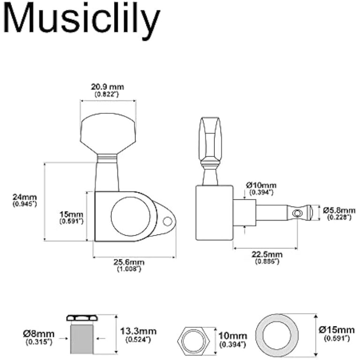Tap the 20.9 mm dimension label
(107, 87)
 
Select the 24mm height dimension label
(25, 197)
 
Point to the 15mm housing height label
(71, 214)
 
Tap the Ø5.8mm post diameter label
(339, 210)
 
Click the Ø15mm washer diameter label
(337, 330)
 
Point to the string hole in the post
(295, 214)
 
